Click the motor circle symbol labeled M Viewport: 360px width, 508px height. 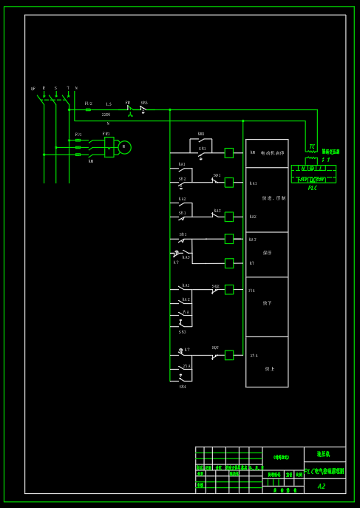click(x=125, y=147)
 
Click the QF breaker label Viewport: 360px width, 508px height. click(x=33, y=89)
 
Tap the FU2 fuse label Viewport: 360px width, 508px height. click(x=88, y=104)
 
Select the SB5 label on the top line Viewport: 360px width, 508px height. click(x=144, y=103)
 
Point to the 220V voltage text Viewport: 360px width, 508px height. click(x=106, y=115)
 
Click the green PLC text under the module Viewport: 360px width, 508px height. click(x=313, y=189)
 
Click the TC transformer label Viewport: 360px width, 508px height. click(x=312, y=146)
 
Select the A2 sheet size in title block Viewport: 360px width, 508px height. click(x=322, y=486)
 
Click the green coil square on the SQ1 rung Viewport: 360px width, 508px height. click(x=229, y=182)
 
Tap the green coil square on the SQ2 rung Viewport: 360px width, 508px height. click(x=229, y=289)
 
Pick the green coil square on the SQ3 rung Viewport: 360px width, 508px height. click(x=229, y=355)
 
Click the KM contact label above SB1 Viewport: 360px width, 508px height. click(x=201, y=135)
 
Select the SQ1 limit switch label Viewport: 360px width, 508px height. click(x=217, y=175)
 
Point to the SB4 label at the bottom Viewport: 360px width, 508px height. click(x=183, y=387)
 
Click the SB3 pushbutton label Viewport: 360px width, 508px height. click(x=183, y=332)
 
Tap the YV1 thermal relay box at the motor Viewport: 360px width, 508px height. click(x=109, y=147)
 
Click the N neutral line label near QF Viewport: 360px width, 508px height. click(x=76, y=88)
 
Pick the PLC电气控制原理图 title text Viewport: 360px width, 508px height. click(x=325, y=471)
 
